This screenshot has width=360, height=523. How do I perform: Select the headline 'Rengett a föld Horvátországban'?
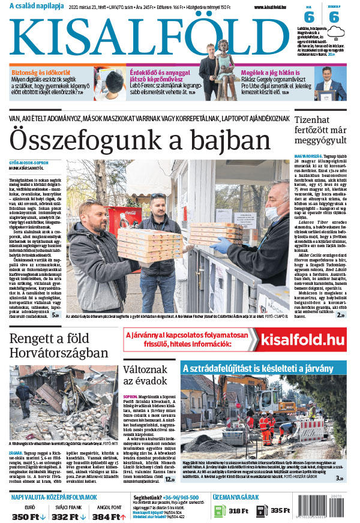59,346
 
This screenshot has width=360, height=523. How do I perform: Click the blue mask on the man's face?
271,212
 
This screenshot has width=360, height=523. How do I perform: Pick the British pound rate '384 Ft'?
106,517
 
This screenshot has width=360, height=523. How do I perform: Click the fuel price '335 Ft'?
280,511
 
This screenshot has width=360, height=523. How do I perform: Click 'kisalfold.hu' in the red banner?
303,340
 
